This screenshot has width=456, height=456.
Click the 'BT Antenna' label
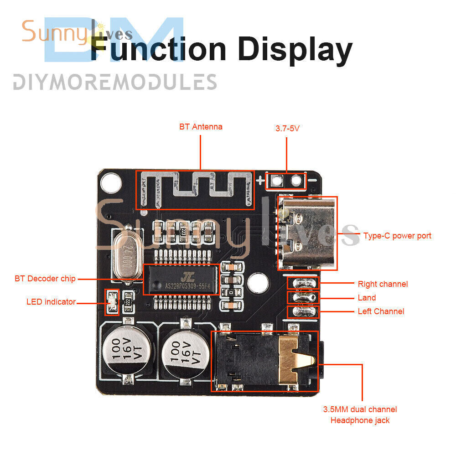[x=201, y=127]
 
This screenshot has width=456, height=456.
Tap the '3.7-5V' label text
[x=287, y=129]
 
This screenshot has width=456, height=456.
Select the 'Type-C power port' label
[x=397, y=236]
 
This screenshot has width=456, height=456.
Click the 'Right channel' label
[x=383, y=284]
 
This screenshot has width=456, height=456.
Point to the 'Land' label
[x=367, y=298]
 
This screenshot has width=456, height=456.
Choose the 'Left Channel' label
[x=381, y=311]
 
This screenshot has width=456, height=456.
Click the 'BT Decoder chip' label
[x=45, y=278]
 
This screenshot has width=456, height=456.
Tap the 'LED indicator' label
[x=51, y=301]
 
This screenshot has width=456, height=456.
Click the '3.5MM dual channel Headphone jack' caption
[x=360, y=415]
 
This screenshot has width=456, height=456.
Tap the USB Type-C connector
[x=308, y=233]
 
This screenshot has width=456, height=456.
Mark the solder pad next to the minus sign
[x=296, y=181]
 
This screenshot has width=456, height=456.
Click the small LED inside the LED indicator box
[x=111, y=302]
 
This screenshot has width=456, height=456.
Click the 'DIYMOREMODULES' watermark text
[x=114, y=82]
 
